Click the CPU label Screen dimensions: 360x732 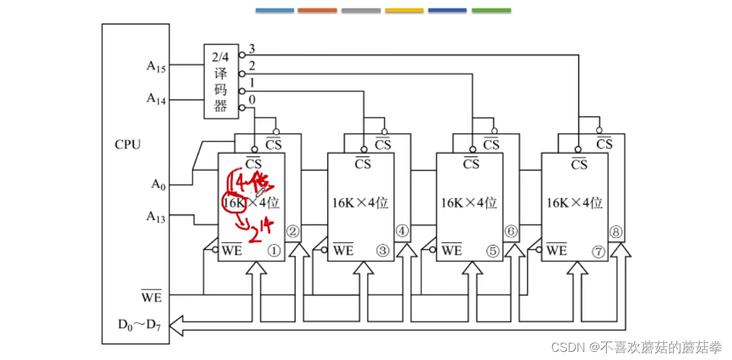[127, 144]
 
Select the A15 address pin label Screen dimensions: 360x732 [156, 66]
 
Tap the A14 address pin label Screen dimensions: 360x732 [156, 98]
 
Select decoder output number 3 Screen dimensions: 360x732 [251, 49]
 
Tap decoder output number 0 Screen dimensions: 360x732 [252, 100]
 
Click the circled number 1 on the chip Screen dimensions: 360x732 [274, 250]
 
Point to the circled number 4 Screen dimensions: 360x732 [402, 231]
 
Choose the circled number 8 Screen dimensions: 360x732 [617, 231]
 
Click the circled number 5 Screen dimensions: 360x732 [492, 250]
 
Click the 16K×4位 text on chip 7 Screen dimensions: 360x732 [575, 202]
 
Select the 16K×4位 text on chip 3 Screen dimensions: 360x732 [360, 202]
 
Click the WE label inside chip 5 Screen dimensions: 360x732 [451, 250]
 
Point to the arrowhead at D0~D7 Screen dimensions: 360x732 [175, 327]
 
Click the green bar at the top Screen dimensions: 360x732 [490, 11]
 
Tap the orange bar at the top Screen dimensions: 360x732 [317, 11]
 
